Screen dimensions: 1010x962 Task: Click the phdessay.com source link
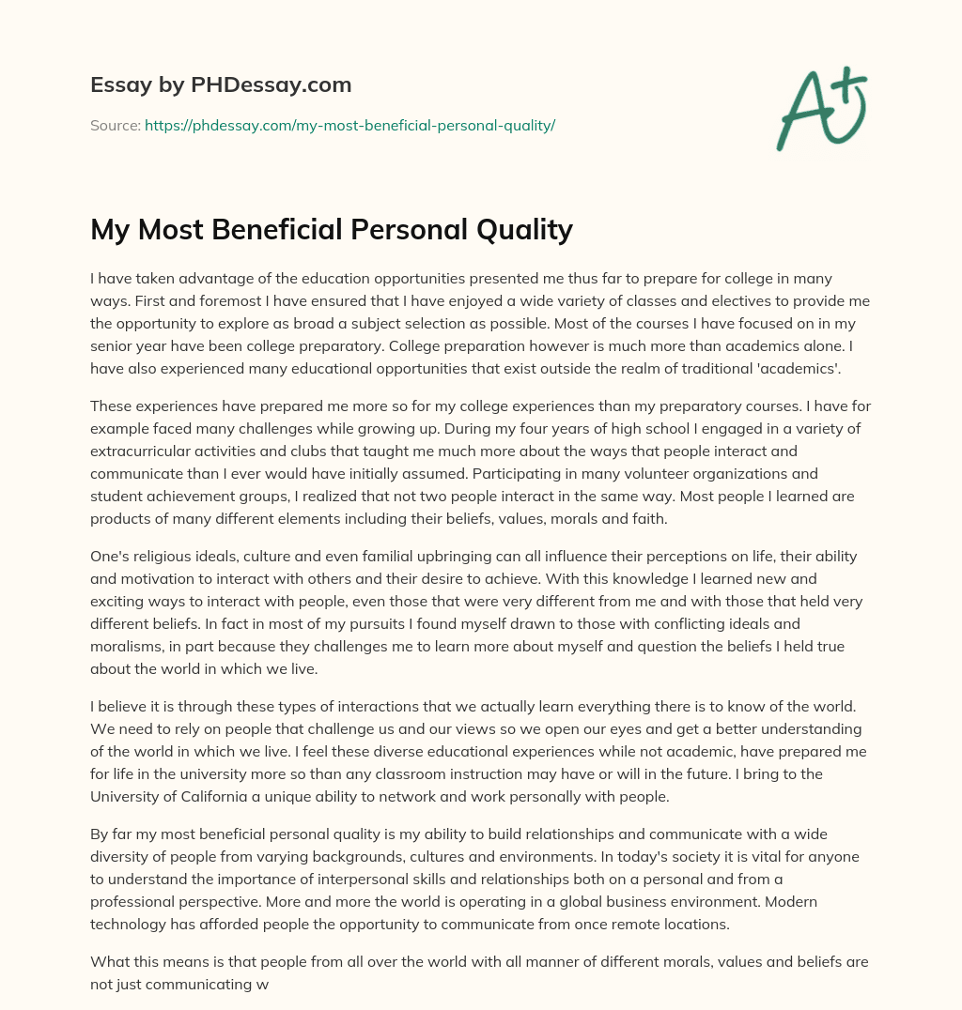349,125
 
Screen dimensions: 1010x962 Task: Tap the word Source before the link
114,125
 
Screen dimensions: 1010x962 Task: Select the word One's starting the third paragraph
111,557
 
